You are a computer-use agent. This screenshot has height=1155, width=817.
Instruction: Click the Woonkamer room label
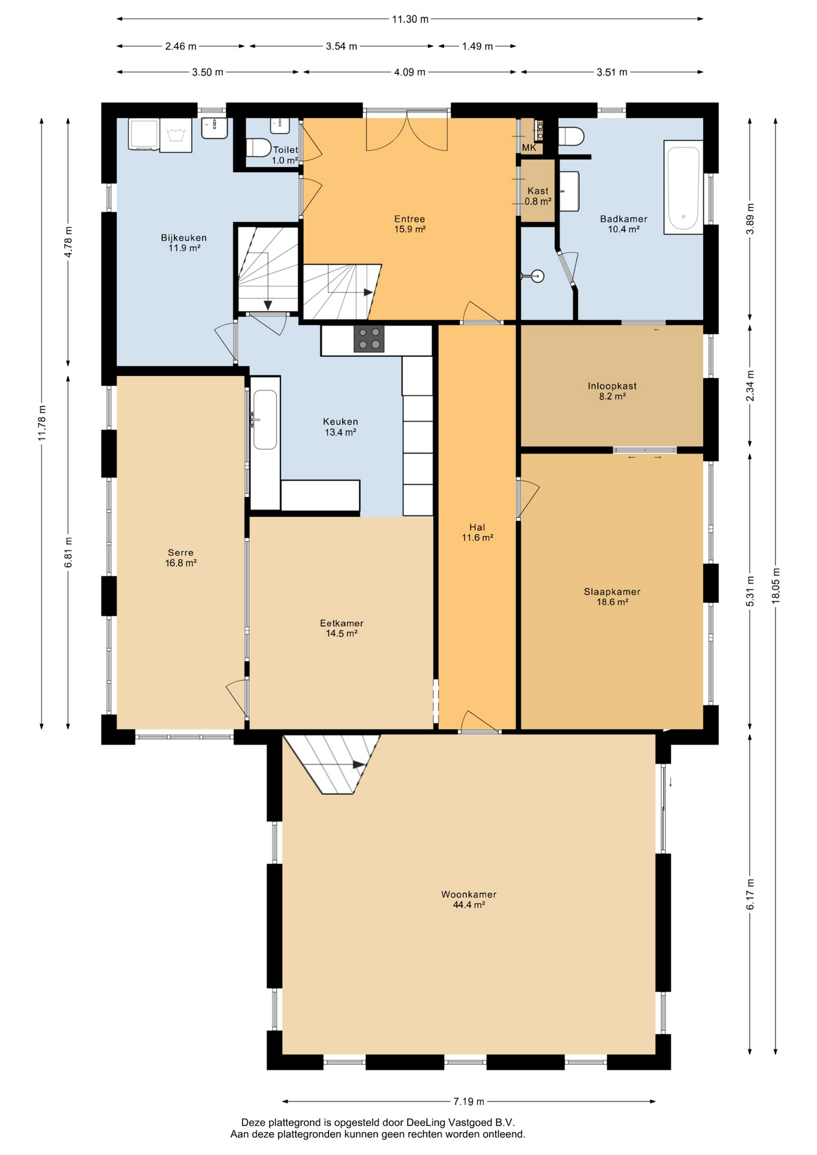coord(469,899)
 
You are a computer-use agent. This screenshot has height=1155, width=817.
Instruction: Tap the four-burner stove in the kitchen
coord(369,338)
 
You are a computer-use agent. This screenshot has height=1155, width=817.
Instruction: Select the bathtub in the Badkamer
coord(683,187)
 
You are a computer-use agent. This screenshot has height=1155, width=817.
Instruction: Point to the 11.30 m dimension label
coord(410,19)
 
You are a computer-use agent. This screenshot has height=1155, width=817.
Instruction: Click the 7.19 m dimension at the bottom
coord(469,1101)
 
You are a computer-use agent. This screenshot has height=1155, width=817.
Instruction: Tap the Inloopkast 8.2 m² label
coord(612,391)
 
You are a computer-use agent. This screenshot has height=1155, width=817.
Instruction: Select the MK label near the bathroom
coord(529,147)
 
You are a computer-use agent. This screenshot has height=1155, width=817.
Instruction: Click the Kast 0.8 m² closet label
coord(538,196)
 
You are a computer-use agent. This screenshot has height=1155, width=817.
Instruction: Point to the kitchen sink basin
coord(265,419)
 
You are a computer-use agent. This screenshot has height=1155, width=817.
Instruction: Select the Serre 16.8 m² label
coord(181,558)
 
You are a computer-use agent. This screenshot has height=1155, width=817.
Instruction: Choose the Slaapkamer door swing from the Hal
coord(528,499)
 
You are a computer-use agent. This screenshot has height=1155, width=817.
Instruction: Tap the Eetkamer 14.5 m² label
coord(342,628)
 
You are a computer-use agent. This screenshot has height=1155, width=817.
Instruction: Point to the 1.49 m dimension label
coord(478,46)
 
